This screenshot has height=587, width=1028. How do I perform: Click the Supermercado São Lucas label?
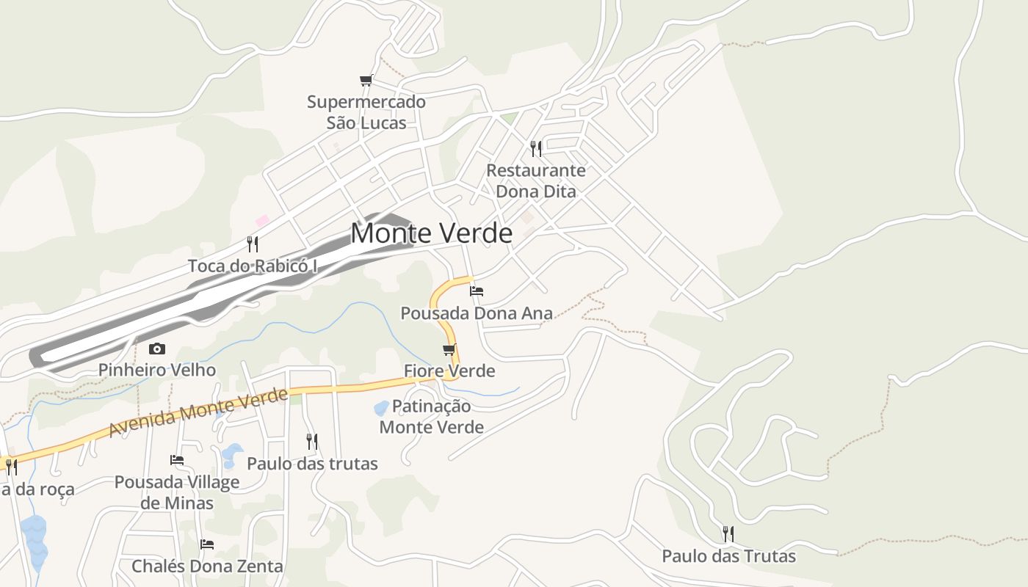pyautogui.click(x=366, y=112)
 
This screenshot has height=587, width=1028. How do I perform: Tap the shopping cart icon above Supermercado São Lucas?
pyautogui.click(x=366, y=80)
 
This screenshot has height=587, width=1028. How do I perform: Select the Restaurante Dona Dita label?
pyautogui.click(x=536, y=181)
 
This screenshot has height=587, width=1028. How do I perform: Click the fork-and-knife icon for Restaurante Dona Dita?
pyautogui.click(x=536, y=149)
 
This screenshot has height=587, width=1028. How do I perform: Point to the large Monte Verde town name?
pyautogui.click(x=431, y=233)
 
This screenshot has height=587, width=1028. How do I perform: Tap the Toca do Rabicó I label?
pyautogui.click(x=253, y=266)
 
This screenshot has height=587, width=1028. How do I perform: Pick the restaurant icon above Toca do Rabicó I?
pyautogui.click(x=253, y=244)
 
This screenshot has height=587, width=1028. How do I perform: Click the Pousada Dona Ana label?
pyautogui.click(x=476, y=313)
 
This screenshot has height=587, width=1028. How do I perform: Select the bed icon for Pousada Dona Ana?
pyautogui.click(x=477, y=291)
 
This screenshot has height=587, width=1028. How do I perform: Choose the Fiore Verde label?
pyautogui.click(x=449, y=371)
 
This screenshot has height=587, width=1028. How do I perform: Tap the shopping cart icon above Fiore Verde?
pyautogui.click(x=449, y=349)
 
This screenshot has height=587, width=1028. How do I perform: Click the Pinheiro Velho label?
pyautogui.click(x=157, y=370)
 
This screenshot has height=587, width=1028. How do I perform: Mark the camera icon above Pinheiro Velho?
pyautogui.click(x=157, y=349)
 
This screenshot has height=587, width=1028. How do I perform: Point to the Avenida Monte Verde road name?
pyautogui.click(x=198, y=413)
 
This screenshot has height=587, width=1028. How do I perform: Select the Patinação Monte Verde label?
pyautogui.click(x=432, y=416)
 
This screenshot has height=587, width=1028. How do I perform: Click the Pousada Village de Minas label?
pyautogui.click(x=177, y=492)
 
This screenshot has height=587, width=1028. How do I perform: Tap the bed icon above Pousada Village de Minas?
pyautogui.click(x=177, y=460)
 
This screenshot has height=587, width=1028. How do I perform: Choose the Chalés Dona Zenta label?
pyautogui.click(x=207, y=566)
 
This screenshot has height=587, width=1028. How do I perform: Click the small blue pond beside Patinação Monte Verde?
pyautogui.click(x=381, y=408)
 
